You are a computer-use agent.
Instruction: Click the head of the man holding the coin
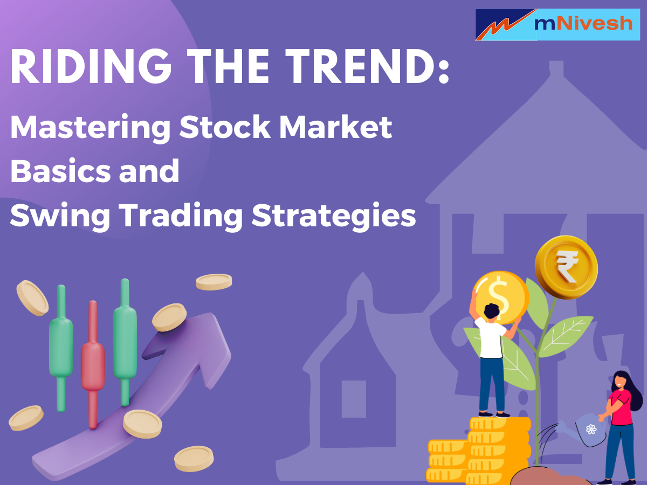(x=491, y=313)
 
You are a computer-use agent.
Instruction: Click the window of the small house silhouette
(x=354, y=399)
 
